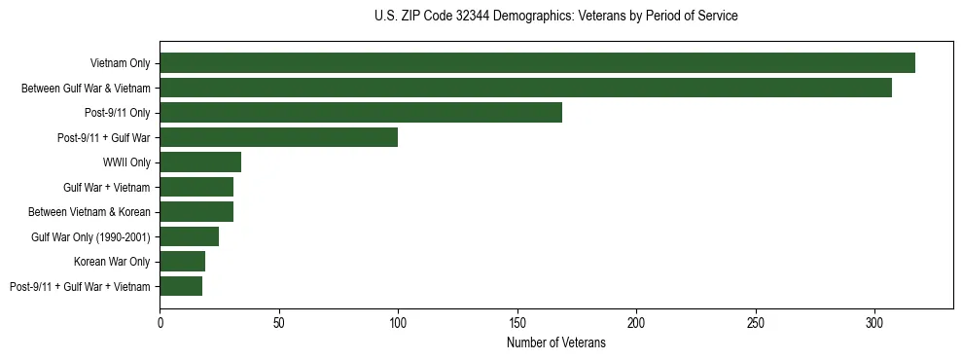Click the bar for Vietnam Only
coord(537,63)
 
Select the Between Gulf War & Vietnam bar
coord(525,88)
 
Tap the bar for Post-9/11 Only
coord(361,113)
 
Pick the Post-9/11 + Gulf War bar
coord(278,137)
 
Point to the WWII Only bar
coord(200,162)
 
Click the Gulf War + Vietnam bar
coord(196,187)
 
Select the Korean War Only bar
coord(182,261)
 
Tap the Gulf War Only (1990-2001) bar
coord(189,236)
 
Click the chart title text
coord(555,16)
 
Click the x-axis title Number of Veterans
coord(555,343)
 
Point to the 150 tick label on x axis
coord(517,320)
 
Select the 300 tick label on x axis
coord(874,320)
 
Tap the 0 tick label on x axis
coord(160,320)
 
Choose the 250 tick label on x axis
coord(756,320)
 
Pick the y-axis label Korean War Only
coord(112,262)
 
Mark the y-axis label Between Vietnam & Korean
coord(89,212)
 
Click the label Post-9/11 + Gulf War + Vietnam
coord(80,286)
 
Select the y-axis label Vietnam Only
coord(121,63)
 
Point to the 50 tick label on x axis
coord(279,320)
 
